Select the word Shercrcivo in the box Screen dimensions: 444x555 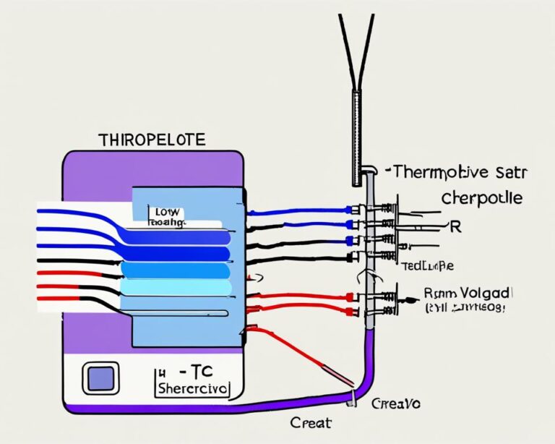192,388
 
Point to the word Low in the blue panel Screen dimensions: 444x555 167,212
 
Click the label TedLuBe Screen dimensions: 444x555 428,265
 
